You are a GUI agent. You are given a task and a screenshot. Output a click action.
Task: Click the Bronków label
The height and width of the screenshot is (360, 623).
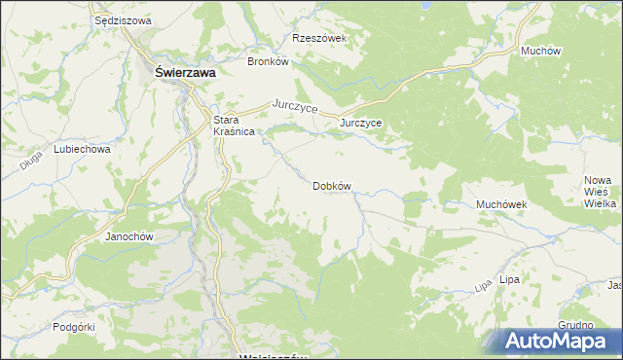point(269,60)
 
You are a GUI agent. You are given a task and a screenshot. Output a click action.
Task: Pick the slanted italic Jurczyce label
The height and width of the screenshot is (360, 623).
point(296,106)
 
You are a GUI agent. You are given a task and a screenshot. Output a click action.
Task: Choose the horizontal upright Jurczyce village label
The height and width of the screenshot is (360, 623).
point(360,124)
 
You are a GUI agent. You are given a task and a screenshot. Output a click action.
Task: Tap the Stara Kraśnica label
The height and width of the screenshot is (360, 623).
point(234,126)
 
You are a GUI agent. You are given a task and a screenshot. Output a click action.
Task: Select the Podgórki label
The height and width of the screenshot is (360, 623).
point(74,327)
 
